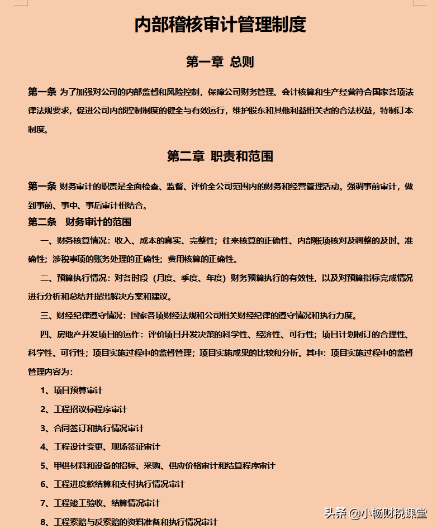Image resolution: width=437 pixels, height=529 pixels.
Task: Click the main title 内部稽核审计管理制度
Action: [x=220, y=25]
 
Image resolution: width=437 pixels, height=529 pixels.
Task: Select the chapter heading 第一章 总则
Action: [x=220, y=61]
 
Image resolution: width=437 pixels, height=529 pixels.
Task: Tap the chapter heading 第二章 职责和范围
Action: [x=220, y=156]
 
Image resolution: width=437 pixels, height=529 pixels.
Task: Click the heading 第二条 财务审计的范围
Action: [x=79, y=222]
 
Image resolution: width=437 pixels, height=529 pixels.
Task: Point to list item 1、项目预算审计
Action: [x=71, y=390]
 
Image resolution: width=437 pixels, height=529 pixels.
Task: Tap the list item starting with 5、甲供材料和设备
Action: [x=157, y=465]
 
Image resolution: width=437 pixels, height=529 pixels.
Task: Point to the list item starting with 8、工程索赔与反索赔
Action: [x=129, y=522]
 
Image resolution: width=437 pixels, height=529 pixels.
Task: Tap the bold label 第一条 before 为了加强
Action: [x=42, y=92]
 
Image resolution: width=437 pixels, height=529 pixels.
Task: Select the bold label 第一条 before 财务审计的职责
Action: [x=42, y=186]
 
